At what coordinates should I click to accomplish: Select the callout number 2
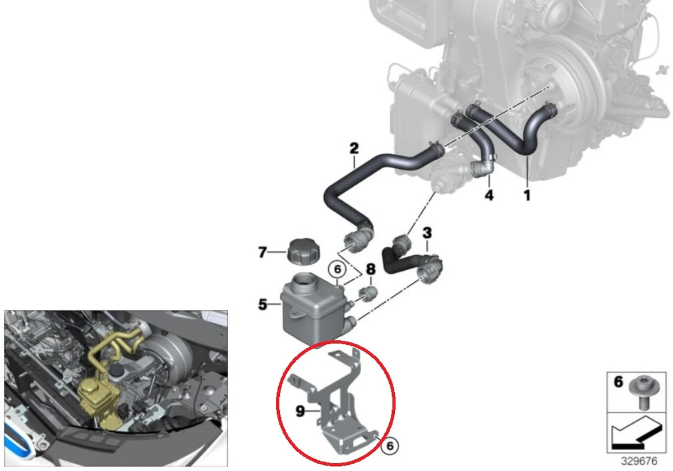[x=354, y=149]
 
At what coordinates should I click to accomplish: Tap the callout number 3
[x=427, y=232]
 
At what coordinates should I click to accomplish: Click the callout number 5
[x=263, y=305]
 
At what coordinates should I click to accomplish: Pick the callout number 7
[x=263, y=253]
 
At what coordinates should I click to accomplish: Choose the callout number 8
[x=370, y=269]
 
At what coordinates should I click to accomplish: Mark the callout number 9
[x=301, y=412]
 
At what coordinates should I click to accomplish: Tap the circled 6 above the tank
[x=337, y=270]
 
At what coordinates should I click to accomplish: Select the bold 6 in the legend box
[x=619, y=382]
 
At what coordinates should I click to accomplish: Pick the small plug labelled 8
[x=369, y=293]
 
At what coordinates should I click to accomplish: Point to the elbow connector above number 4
[x=482, y=167]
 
